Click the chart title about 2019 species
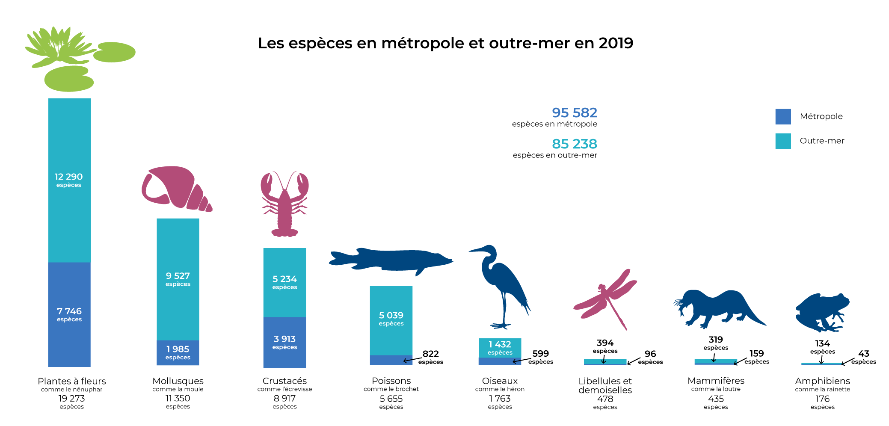(x=445, y=43)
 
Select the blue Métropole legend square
(x=783, y=116)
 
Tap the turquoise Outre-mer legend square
(x=783, y=141)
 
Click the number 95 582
(x=575, y=112)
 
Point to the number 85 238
(x=575, y=144)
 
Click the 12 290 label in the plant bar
(x=68, y=177)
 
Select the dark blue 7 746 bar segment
(x=69, y=314)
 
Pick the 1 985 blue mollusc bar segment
(x=178, y=352)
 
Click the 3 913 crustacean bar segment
(x=284, y=342)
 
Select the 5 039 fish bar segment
(x=391, y=319)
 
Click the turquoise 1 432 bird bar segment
(x=500, y=347)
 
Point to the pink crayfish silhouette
(x=284, y=205)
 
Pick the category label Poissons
(x=391, y=381)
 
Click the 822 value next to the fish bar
(x=431, y=354)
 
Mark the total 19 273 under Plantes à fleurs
(x=71, y=398)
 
